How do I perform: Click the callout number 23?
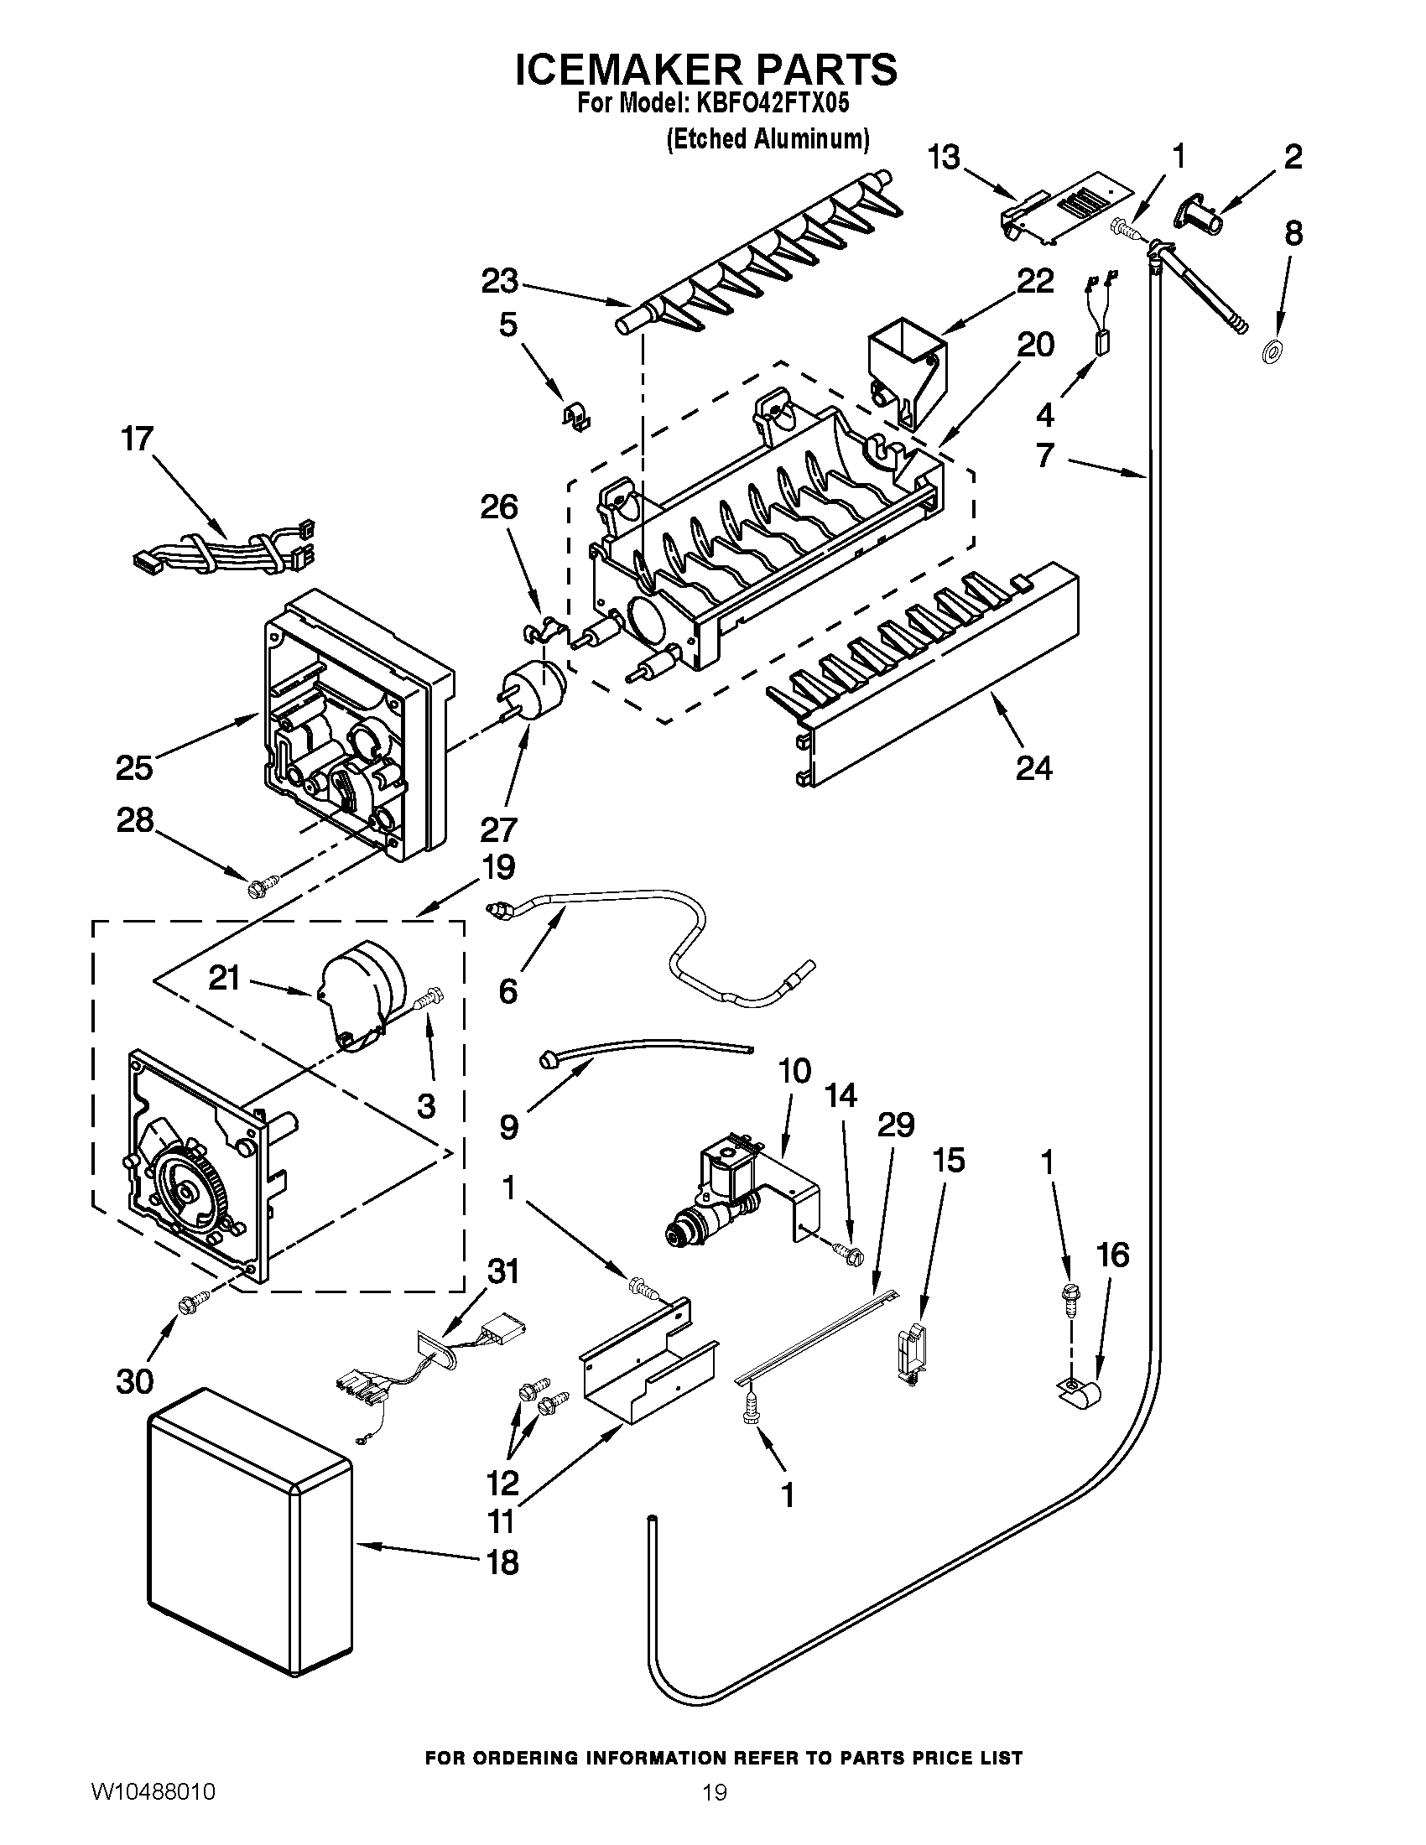pyautogui.click(x=499, y=281)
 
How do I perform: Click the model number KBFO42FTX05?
pyautogui.click(x=770, y=104)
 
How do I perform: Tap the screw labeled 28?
pyautogui.click(x=257, y=887)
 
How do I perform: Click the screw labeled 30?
pyautogui.click(x=187, y=1306)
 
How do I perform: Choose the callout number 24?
pyautogui.click(x=1034, y=768)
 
